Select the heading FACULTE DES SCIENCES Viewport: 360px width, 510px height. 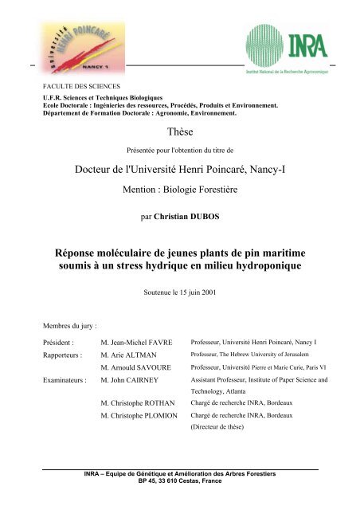pos(74,84)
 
